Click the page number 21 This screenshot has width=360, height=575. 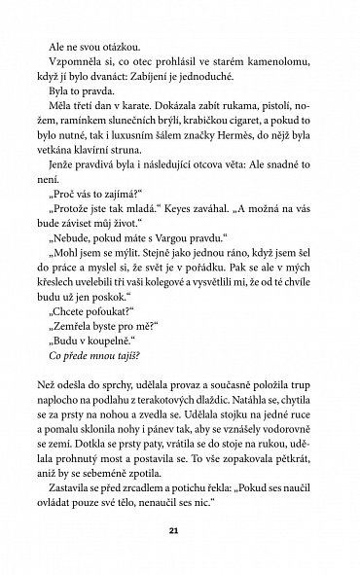180,528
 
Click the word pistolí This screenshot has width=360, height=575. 267,126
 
